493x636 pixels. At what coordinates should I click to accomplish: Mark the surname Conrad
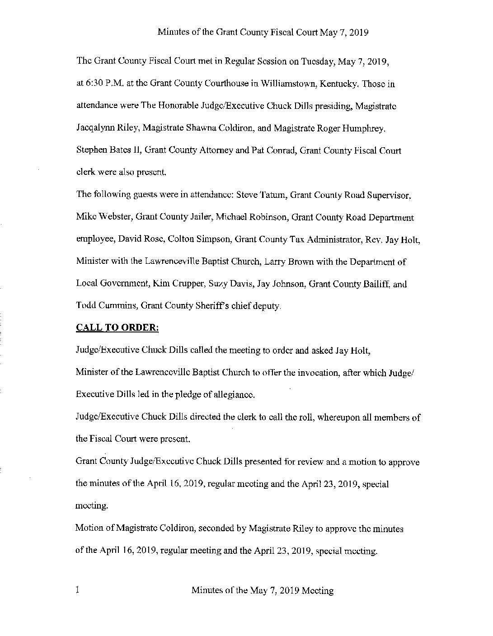[x=282, y=151]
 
